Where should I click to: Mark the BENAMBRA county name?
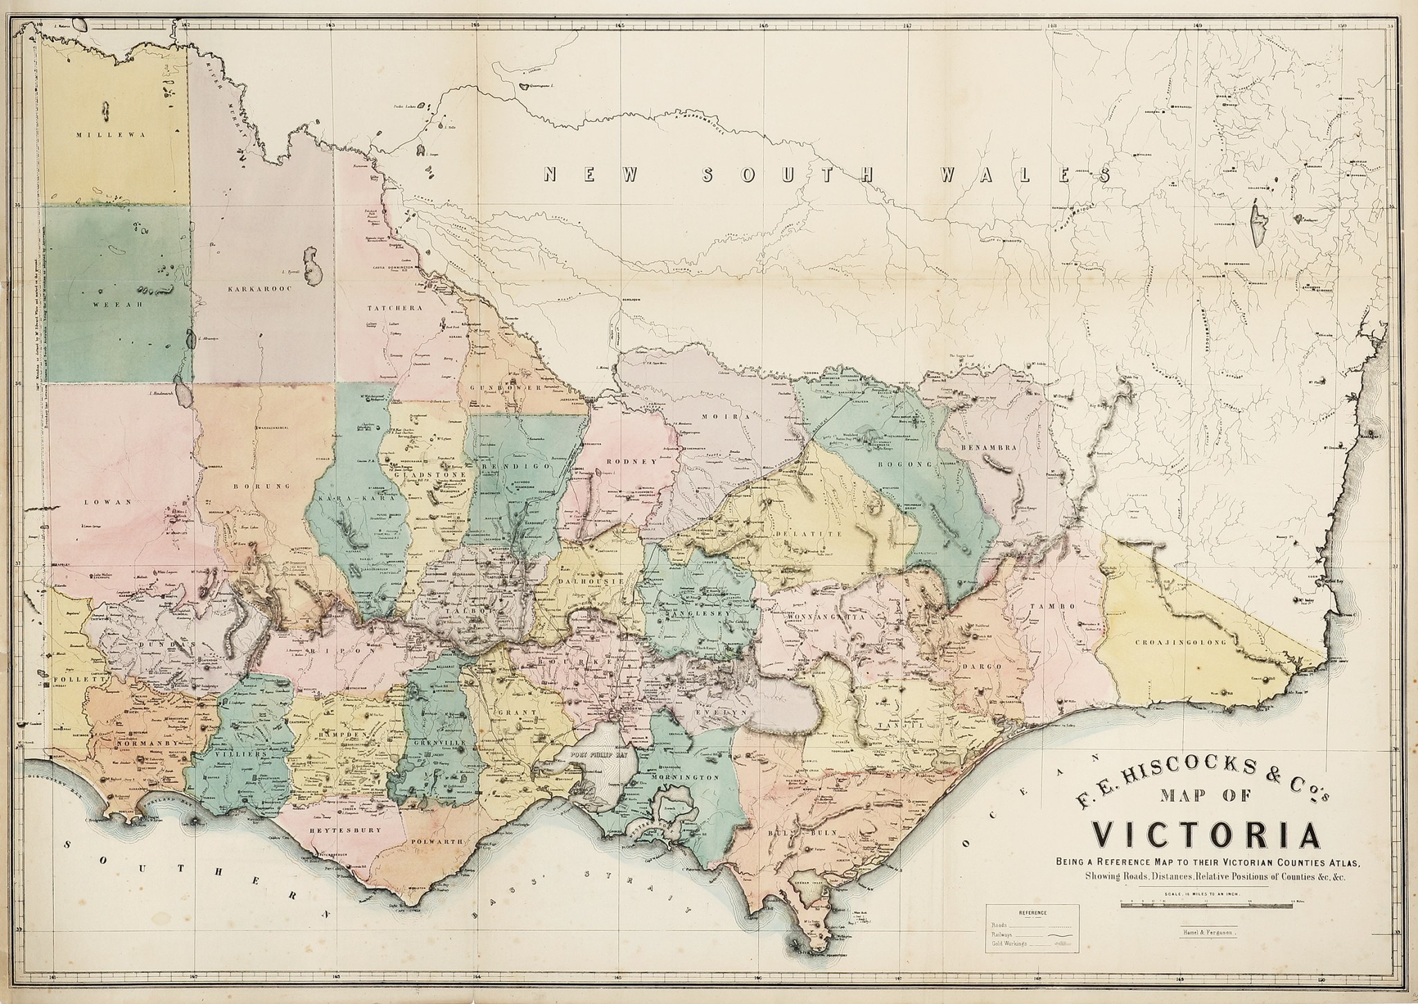tap(987, 448)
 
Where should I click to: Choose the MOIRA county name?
tap(719, 418)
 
